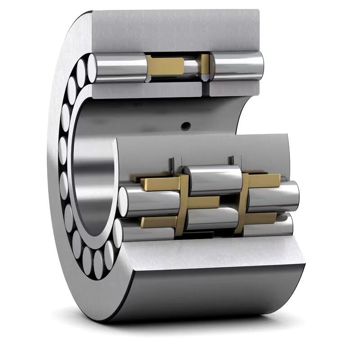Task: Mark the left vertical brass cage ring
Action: coord(182,202)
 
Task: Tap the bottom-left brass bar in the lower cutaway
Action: coord(158,221)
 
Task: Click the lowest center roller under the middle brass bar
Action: coord(211,218)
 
